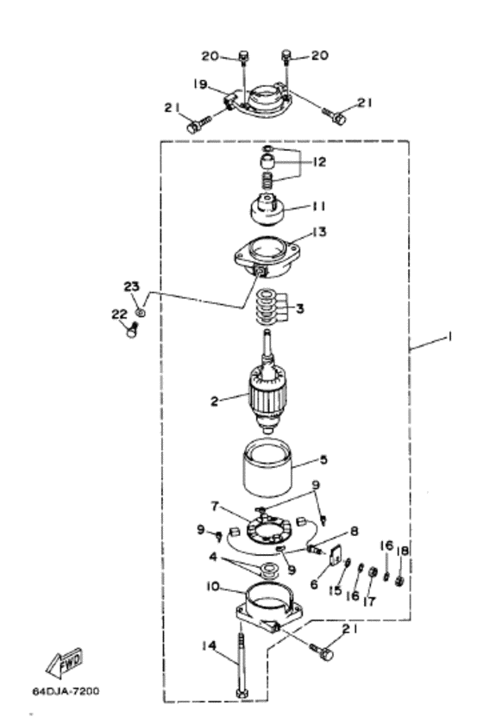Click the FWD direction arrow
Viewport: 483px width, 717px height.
(65, 663)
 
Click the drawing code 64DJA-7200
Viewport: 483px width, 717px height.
(66, 690)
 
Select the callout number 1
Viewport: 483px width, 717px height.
(449, 337)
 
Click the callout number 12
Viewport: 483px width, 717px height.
(320, 162)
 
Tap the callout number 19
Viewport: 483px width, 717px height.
(200, 84)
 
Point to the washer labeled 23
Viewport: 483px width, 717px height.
(141, 312)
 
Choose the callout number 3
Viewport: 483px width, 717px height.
(300, 309)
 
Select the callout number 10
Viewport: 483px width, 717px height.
(213, 586)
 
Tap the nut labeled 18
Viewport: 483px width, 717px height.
(399, 582)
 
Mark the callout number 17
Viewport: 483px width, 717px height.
(369, 601)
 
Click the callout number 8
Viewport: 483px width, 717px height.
(354, 532)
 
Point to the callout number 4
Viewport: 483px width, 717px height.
(213, 558)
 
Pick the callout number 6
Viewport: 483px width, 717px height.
(314, 584)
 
